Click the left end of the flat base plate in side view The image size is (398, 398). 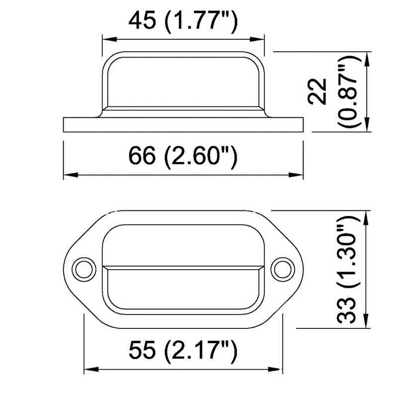(x=65, y=125)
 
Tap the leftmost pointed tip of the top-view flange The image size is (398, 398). (x=66, y=268)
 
